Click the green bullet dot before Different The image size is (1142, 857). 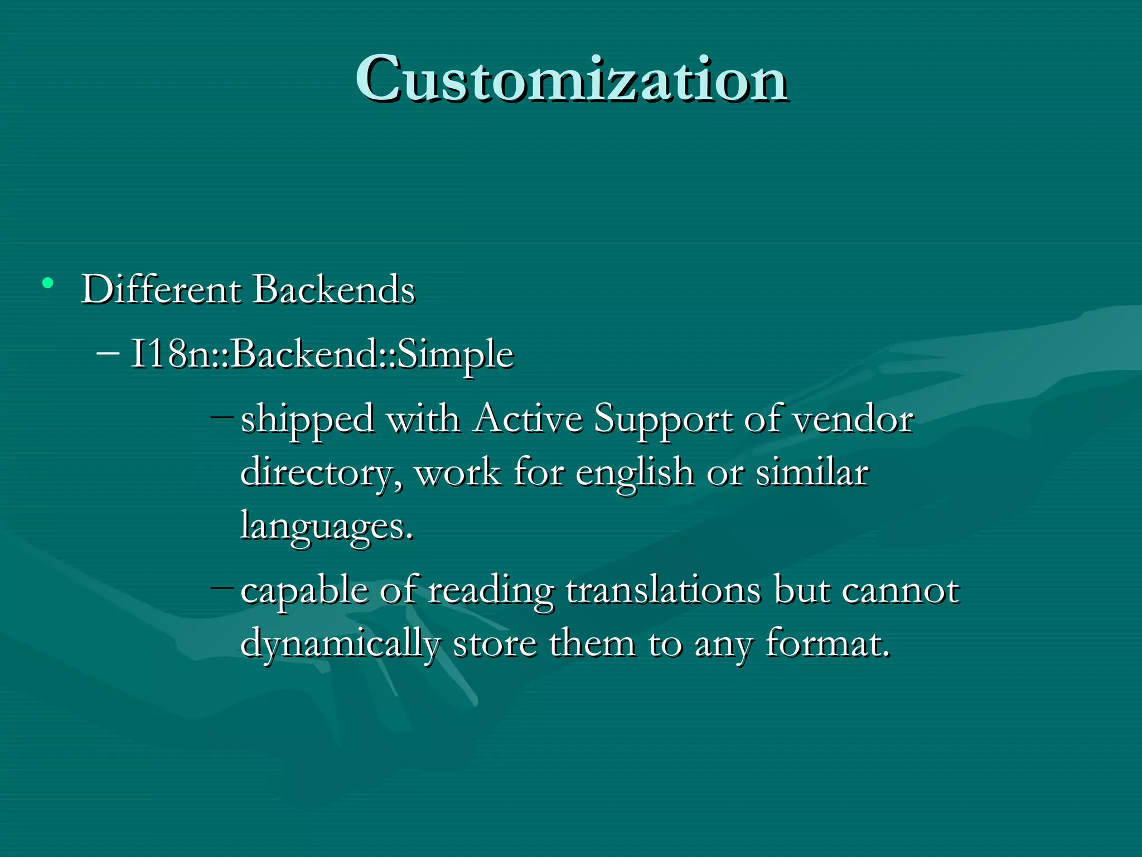click(x=48, y=283)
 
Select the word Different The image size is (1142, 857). click(x=161, y=290)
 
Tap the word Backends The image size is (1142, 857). click(x=334, y=290)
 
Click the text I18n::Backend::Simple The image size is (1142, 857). click(x=322, y=355)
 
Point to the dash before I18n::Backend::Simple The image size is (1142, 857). click(x=108, y=353)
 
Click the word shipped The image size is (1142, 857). click(x=307, y=420)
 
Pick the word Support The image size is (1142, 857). click(x=662, y=420)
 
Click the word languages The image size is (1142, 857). click(x=326, y=527)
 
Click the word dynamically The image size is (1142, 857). click(x=340, y=644)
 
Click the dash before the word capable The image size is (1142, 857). click(x=222, y=587)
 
